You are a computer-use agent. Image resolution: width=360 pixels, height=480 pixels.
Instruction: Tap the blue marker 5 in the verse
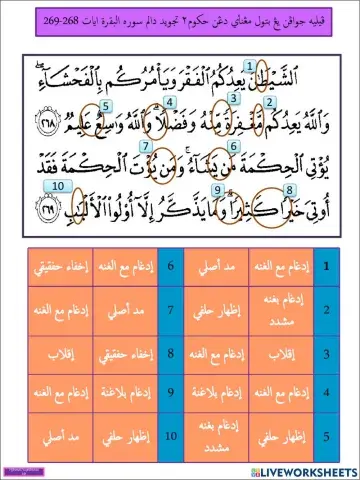point(105,104)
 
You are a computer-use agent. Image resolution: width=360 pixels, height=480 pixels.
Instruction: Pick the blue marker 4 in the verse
point(171,103)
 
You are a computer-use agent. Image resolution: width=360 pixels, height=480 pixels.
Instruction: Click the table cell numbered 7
point(172,309)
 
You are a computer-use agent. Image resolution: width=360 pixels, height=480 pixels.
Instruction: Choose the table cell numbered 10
point(172,437)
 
